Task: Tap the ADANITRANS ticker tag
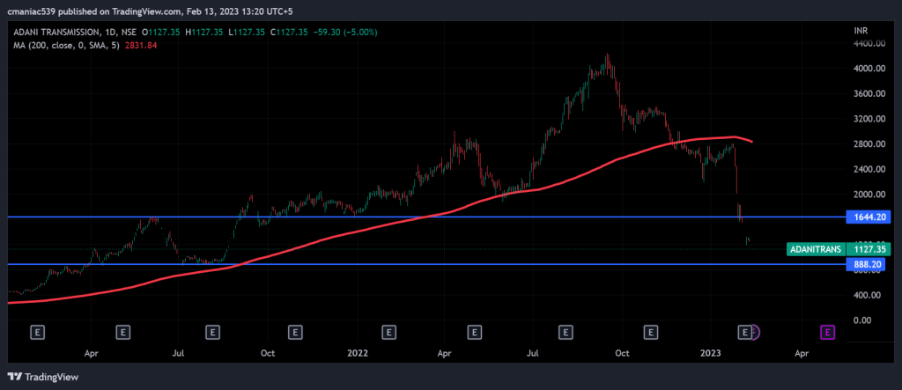815,249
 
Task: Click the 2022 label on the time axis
358,353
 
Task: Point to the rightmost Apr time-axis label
802,353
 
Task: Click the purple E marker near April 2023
828,332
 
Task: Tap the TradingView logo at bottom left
44,377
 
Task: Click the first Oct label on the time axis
269,353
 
